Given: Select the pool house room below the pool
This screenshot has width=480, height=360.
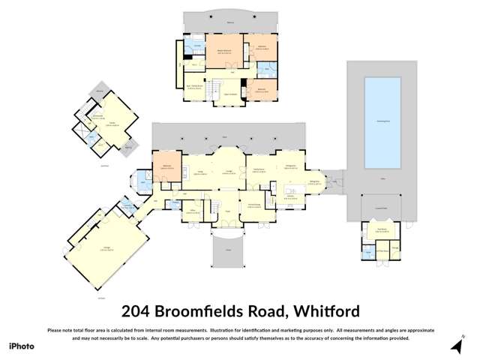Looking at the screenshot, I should (x=381, y=230).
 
